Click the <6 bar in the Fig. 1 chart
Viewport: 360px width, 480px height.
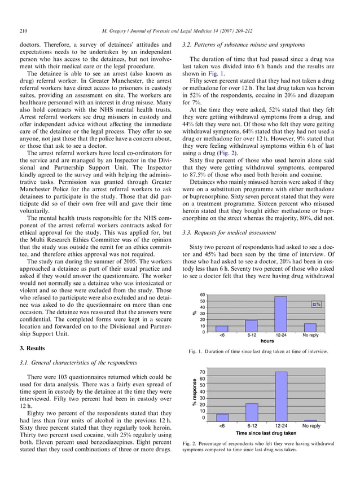click(222, 329)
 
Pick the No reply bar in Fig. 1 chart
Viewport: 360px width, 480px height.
click(310, 328)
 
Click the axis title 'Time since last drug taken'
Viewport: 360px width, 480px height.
click(265, 433)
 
